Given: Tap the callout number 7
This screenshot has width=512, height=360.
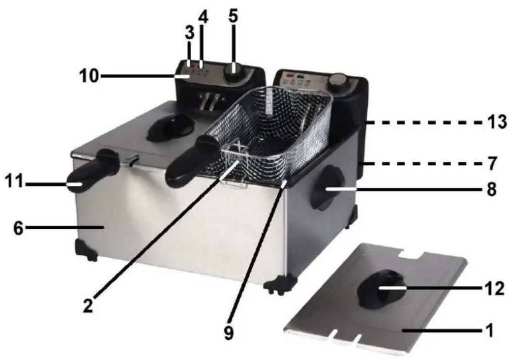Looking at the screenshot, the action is tap(492, 163).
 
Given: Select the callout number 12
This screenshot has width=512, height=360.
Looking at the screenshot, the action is tap(494, 289).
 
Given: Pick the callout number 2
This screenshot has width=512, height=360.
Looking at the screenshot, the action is tap(88, 305).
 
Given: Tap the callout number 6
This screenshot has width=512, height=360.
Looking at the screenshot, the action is tap(19, 228).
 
